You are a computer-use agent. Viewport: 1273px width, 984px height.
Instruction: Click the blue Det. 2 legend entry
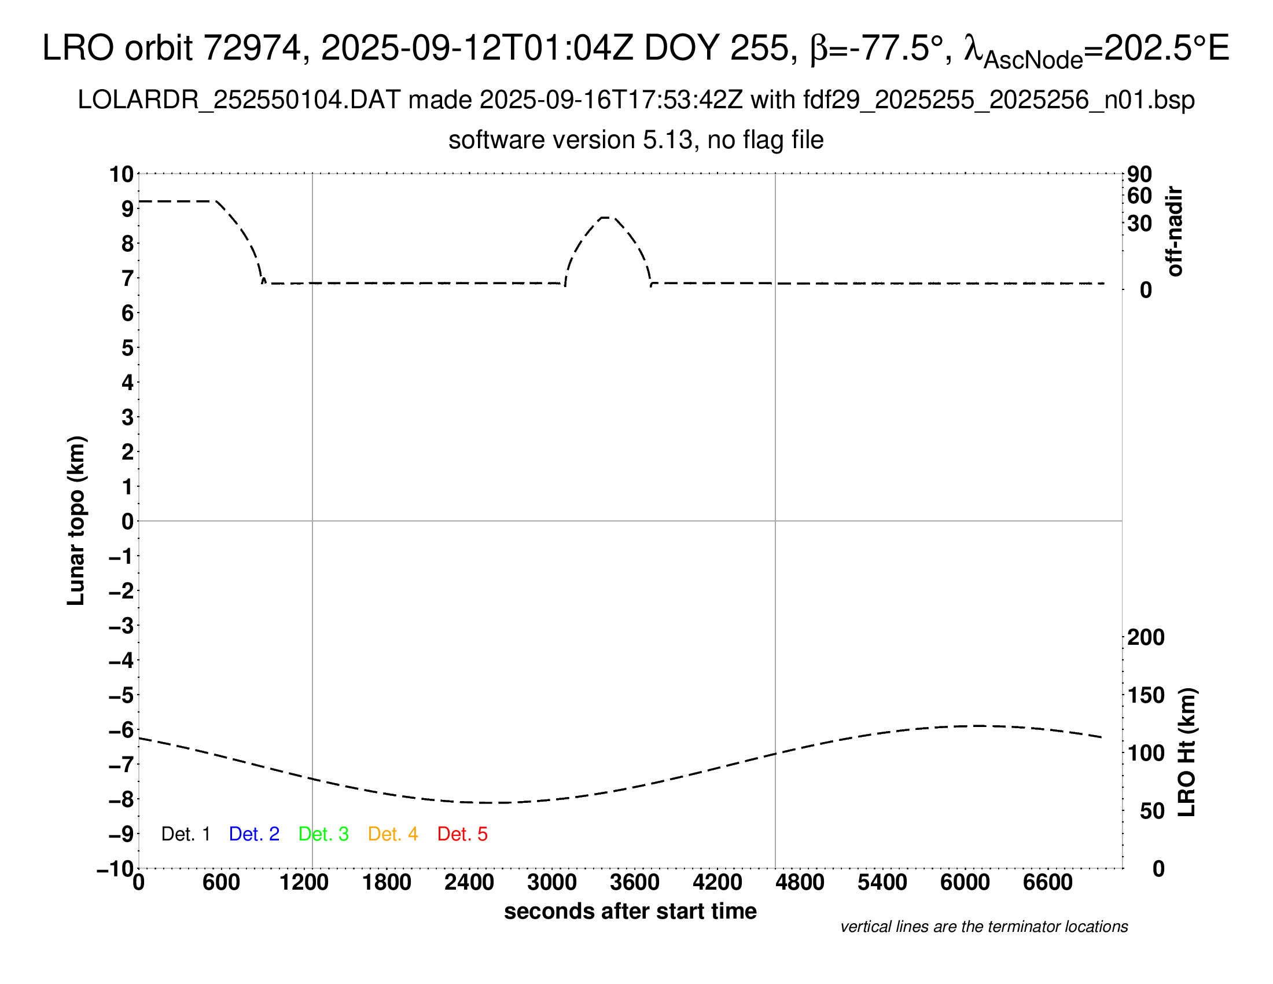pos(254,834)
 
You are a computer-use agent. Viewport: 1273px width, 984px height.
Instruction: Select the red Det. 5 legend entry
pos(462,834)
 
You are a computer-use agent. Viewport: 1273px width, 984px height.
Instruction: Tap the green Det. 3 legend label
pos(323,834)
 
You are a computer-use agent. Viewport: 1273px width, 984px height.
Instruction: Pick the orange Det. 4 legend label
pos(393,834)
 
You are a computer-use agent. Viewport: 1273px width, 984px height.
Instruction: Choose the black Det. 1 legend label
pos(185,834)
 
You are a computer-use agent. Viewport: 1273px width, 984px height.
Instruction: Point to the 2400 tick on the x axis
pos(469,882)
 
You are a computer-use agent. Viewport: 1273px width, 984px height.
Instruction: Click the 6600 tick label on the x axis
pos(1047,882)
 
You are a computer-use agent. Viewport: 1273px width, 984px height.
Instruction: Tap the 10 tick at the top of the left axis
pos(122,174)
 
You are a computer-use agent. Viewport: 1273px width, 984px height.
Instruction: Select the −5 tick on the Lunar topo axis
pos(122,695)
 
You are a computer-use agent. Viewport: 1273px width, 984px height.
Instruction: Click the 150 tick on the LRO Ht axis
pos(1146,695)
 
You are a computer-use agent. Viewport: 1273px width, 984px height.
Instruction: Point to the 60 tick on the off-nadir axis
pos(1139,196)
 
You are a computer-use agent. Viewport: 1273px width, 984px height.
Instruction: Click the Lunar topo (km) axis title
pos(76,520)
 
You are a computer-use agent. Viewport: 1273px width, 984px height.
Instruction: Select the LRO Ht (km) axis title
pos(1187,752)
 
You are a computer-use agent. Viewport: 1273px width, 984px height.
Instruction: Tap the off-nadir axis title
pos(1175,232)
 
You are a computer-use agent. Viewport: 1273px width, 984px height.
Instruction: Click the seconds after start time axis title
pos(630,911)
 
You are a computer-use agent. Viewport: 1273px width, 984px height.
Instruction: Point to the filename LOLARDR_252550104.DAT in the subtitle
pos(239,100)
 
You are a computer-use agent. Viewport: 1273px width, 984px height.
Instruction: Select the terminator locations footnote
pos(984,927)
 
